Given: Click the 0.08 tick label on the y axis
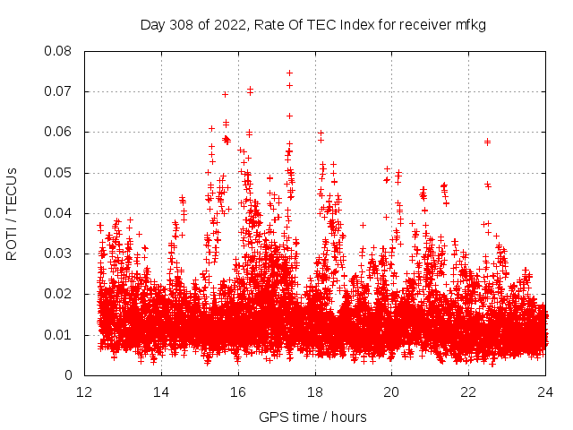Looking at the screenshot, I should click(58, 51).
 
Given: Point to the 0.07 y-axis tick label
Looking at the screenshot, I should click(58, 91).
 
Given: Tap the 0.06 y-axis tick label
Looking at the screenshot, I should click(58, 132).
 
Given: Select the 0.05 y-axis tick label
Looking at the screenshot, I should click(58, 173).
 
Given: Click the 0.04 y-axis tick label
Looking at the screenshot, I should click(58, 213).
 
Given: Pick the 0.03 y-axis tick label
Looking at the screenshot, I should click(58, 254).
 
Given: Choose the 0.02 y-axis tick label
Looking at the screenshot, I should click(58, 294).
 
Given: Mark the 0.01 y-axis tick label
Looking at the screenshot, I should click(58, 335).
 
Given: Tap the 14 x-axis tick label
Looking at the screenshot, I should click(161, 392).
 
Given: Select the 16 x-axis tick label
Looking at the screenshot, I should click(238, 392).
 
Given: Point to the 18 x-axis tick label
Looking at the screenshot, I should click(315, 392).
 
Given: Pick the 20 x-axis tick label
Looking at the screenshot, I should click(392, 392).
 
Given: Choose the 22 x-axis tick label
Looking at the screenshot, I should click(469, 392).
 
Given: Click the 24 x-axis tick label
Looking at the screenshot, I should click(546, 392).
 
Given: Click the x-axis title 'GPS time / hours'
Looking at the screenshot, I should click(312, 417).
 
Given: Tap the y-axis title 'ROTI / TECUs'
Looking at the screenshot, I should click(13, 213).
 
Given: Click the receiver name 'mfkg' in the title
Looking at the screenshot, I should click(470, 24).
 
